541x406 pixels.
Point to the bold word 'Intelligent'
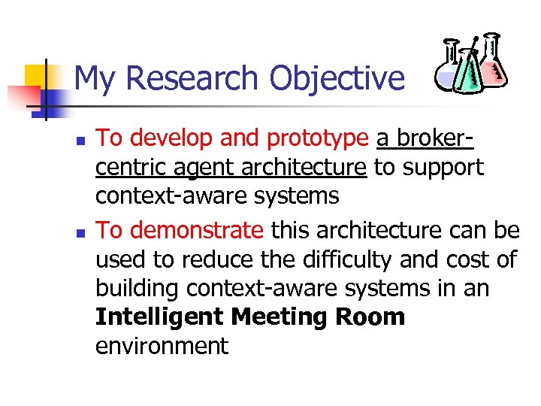coord(159,317)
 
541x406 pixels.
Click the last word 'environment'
coord(162,346)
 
